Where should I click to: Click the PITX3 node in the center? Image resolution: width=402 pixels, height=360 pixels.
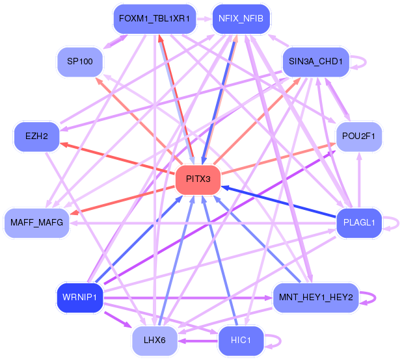(x=198, y=179)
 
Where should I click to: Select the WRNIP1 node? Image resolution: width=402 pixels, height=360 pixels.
(x=80, y=297)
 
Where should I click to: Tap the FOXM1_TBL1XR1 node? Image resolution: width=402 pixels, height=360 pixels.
(x=155, y=19)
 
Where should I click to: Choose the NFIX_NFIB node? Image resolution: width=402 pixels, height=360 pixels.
(x=241, y=19)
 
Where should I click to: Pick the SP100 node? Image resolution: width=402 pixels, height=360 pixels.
(x=80, y=62)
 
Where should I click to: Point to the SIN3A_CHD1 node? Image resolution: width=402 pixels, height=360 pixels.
(x=315, y=62)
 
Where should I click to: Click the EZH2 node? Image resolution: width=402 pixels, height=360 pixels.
(x=36, y=136)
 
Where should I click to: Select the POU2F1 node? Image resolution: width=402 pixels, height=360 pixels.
(x=359, y=136)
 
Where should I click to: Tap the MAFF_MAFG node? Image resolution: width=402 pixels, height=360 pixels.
(x=36, y=222)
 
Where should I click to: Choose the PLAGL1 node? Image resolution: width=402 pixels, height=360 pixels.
(x=359, y=222)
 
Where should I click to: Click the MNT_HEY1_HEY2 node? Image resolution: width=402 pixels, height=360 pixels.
(x=315, y=297)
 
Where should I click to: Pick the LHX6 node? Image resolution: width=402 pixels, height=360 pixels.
(x=155, y=341)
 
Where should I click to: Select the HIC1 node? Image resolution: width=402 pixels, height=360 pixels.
(x=241, y=341)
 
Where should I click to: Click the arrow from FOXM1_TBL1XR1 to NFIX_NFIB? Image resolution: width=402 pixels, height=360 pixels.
(x=204, y=19)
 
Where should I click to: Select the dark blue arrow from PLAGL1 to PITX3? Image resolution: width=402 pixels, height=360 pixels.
(x=278, y=202)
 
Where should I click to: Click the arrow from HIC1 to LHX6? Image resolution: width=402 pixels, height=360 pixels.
(x=198, y=341)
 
